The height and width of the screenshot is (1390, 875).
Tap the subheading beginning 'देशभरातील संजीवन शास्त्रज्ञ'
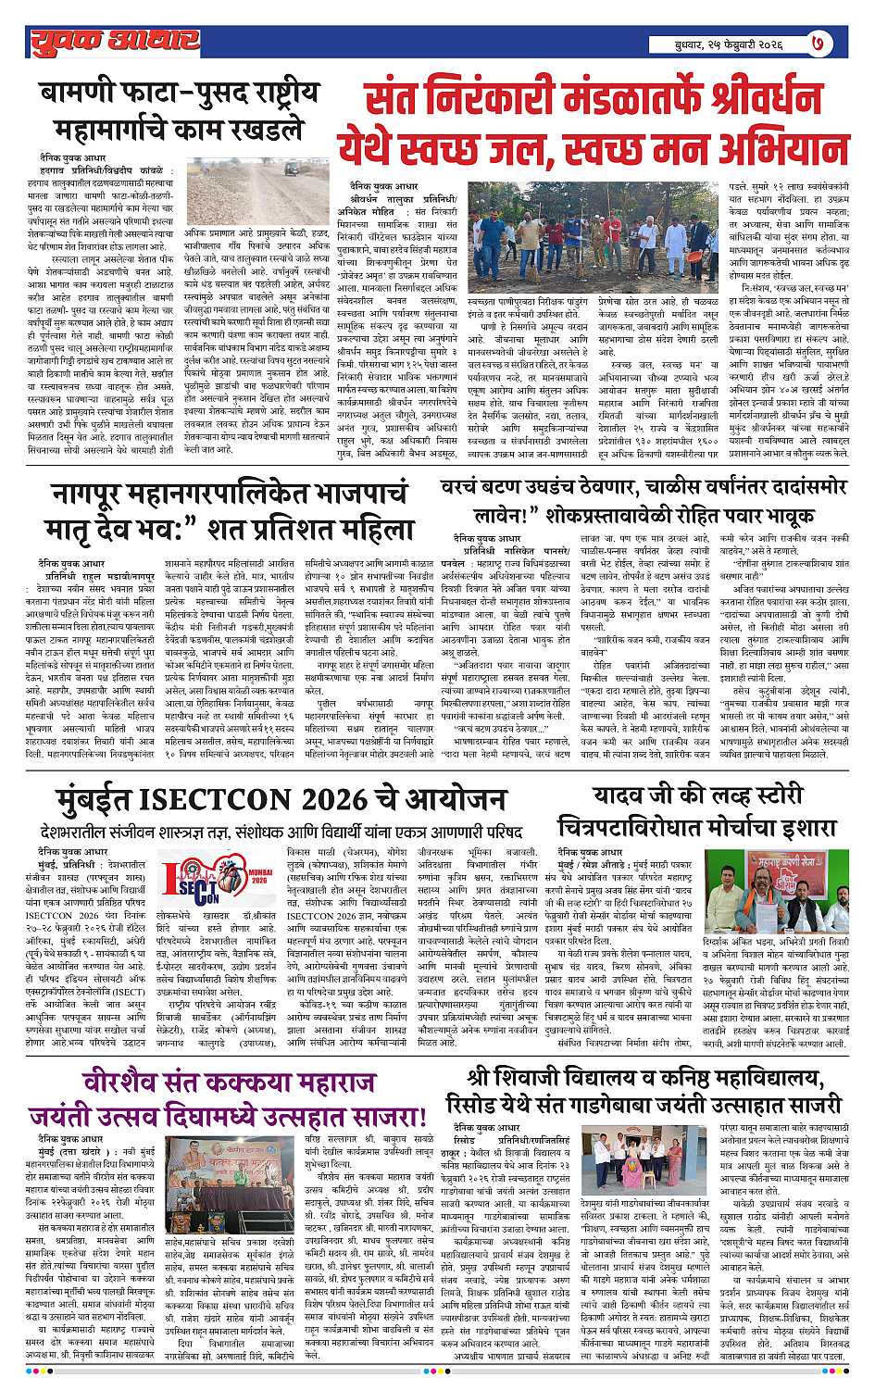(x=278, y=830)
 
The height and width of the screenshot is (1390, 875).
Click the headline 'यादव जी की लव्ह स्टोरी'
(x=700, y=794)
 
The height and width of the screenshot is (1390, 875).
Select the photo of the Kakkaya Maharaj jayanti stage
(x=232, y=1181)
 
